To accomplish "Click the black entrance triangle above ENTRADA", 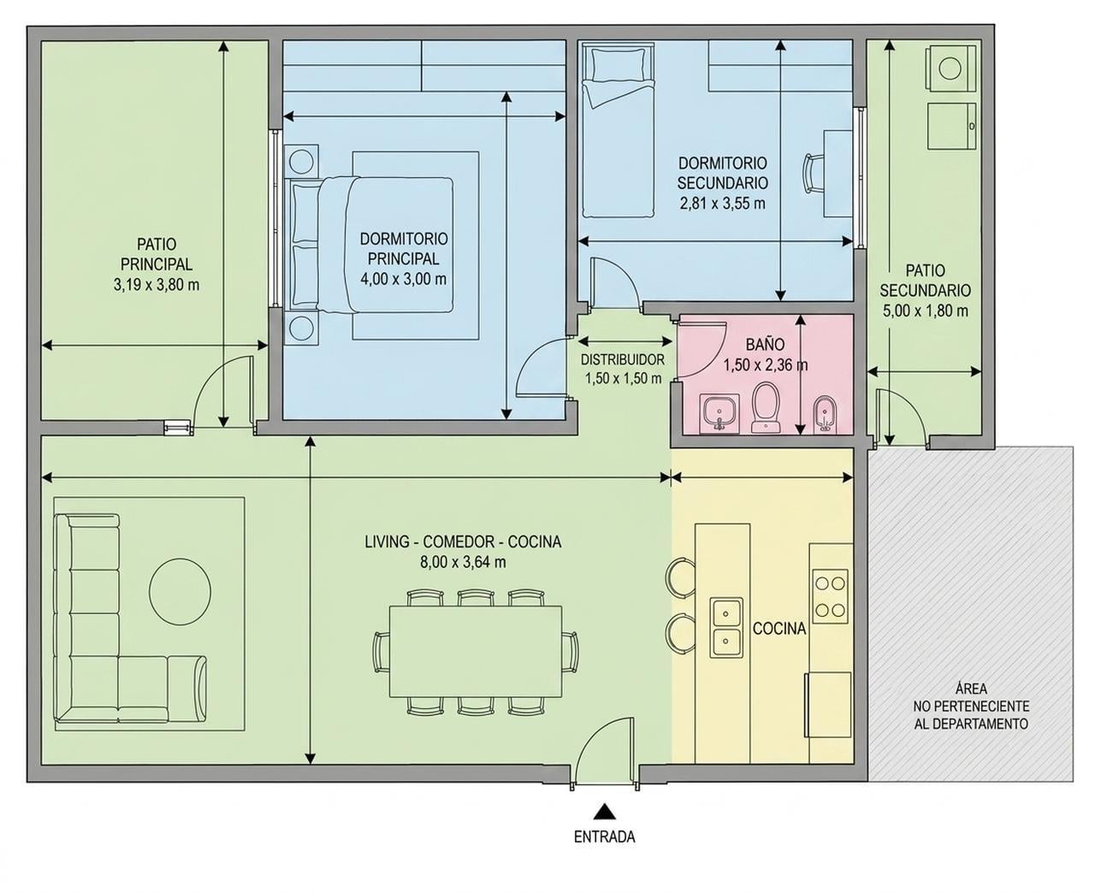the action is click(604, 810).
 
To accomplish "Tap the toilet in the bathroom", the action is click(766, 408).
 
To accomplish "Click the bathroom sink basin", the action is click(719, 413).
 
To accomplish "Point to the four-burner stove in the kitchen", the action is click(830, 596).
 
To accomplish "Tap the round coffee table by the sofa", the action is click(181, 591).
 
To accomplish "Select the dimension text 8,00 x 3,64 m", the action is click(463, 562).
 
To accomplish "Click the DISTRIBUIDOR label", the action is click(622, 359).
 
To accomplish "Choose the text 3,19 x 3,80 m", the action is click(157, 285).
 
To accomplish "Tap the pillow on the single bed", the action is click(617, 64).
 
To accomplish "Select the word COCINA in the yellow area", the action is click(778, 629).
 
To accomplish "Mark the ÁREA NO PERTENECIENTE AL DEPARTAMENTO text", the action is click(971, 706).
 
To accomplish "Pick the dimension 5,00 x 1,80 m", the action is click(926, 310).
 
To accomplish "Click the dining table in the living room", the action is click(475, 652).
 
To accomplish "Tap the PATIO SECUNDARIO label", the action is click(926, 281).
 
